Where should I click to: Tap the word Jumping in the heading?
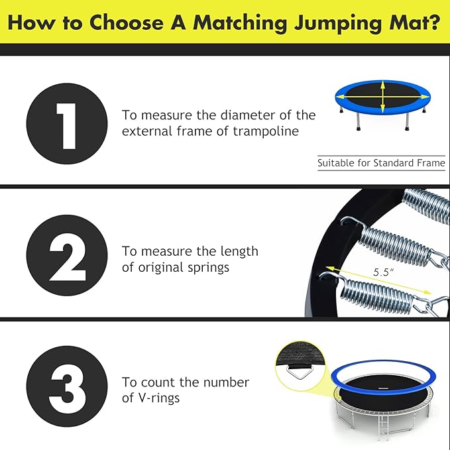point(334,23)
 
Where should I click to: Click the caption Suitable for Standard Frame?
point(381,162)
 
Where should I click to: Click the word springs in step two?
point(227,267)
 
